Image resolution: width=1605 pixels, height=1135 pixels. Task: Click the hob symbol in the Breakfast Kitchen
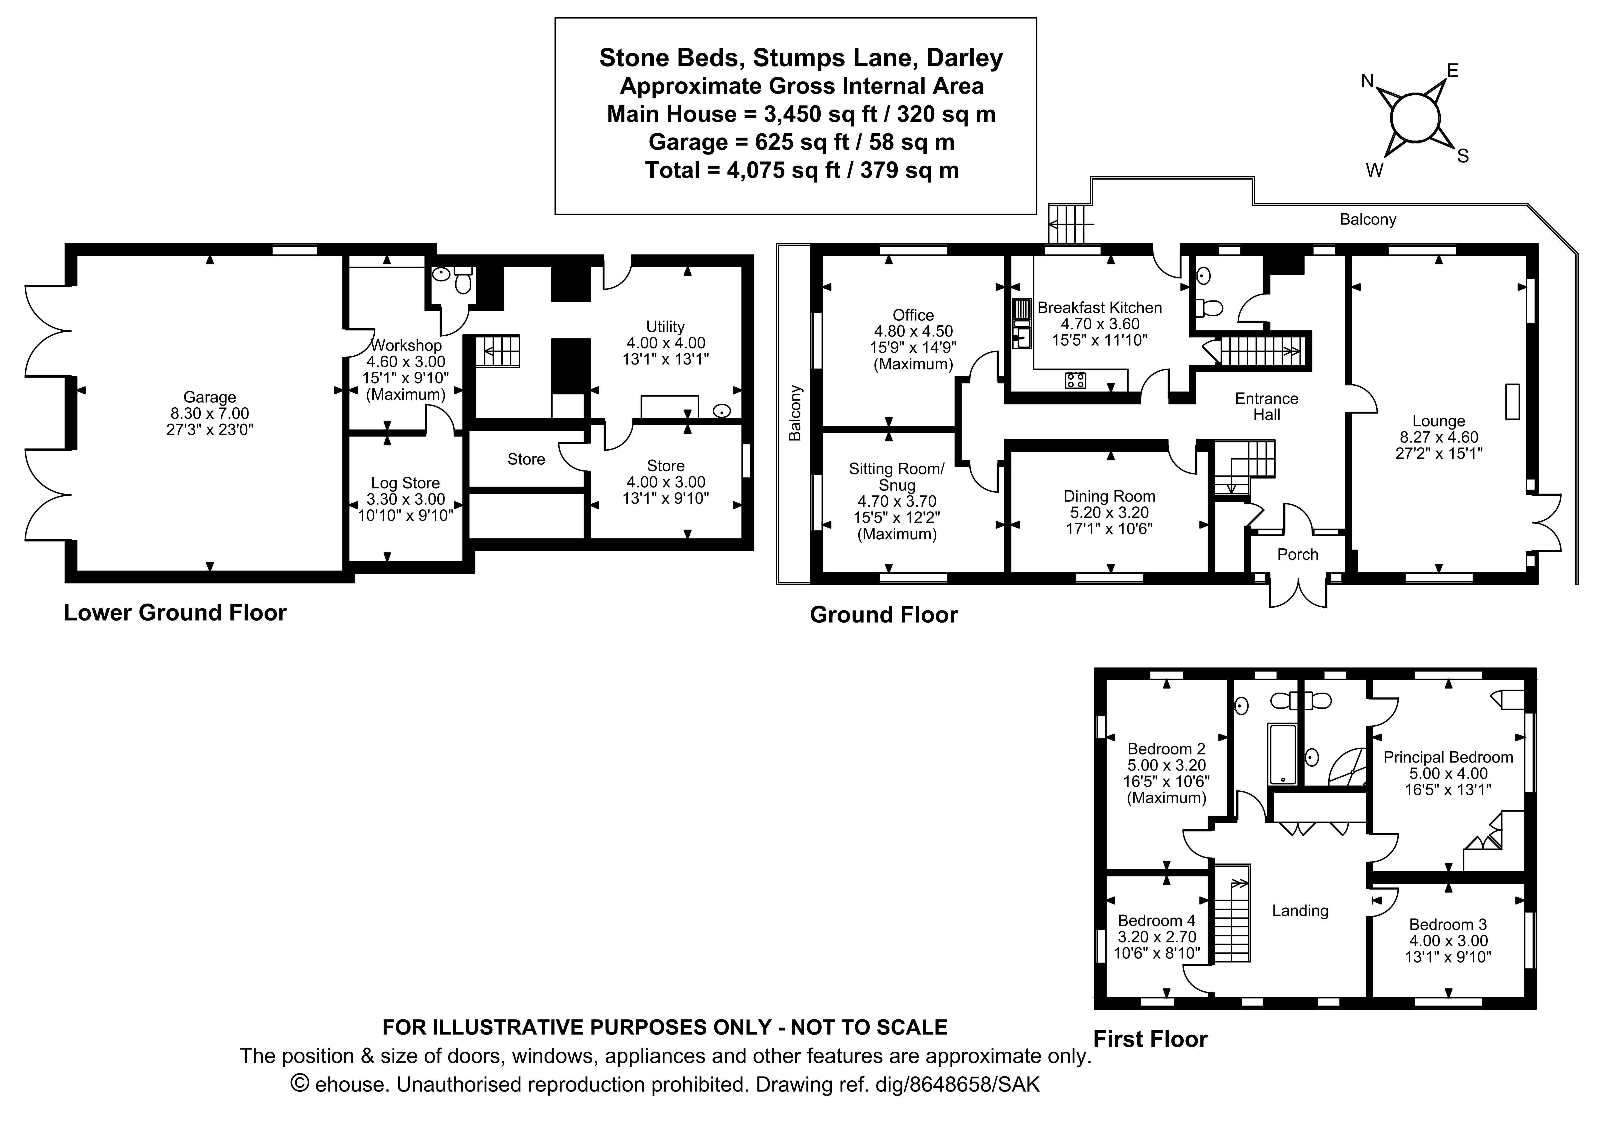[1075, 380]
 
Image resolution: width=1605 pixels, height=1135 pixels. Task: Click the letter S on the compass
[1462, 157]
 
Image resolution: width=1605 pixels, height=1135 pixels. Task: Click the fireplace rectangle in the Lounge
[1512, 401]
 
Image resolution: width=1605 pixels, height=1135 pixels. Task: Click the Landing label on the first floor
[1300, 910]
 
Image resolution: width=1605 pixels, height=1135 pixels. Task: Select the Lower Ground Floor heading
[175, 613]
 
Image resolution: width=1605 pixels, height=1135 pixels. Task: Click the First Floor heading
[1150, 1039]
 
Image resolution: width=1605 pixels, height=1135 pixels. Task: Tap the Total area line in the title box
[801, 170]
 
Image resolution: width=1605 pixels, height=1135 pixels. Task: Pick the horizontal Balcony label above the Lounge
[1367, 220]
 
